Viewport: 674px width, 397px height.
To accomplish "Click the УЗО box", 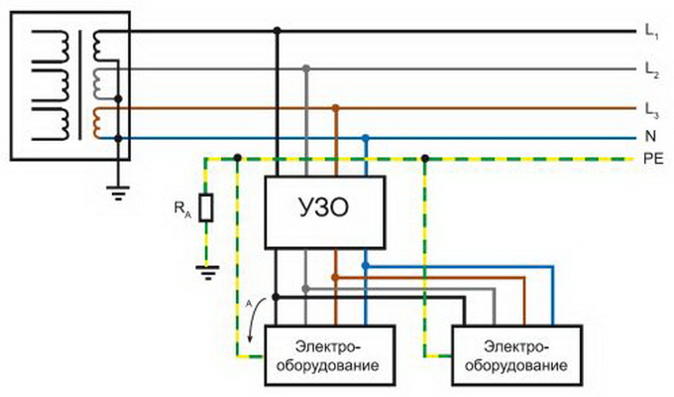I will pos(325,211).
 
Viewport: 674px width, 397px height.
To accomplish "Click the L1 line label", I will pos(651,33).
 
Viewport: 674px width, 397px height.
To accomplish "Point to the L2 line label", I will pos(651,69).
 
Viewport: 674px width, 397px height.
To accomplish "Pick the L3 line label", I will pos(651,107).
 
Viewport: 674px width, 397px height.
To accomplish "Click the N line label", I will pos(649,137).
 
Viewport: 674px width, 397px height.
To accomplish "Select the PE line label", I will pos(651,158).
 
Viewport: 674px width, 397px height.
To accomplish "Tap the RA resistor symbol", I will pos(206,208).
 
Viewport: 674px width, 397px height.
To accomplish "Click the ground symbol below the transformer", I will pos(119,195).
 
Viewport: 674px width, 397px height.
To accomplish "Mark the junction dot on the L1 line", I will pos(278,32).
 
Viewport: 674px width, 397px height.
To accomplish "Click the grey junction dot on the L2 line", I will pos(307,68).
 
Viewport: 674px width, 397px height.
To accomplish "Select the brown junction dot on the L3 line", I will pos(337,106).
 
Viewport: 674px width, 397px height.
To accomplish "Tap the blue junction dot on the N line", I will pos(367,137).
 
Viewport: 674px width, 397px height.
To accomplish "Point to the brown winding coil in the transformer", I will pos(100,121).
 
